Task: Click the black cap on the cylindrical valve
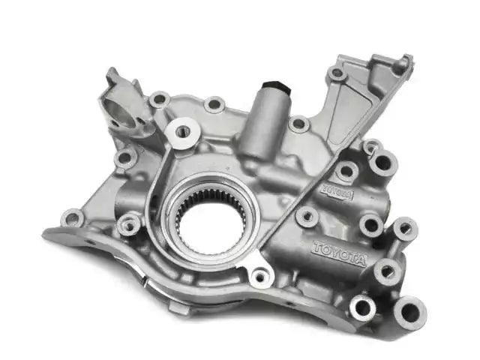(x=277, y=86)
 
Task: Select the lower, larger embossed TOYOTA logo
(x=339, y=253)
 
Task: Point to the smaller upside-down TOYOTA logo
(x=337, y=191)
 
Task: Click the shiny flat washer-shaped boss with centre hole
(x=183, y=133)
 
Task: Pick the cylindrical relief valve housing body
(x=264, y=122)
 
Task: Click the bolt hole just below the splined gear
(x=260, y=277)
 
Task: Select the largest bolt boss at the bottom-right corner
(x=410, y=312)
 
